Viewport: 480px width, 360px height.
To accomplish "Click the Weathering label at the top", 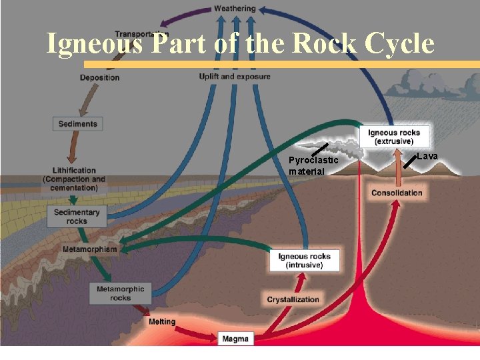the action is coord(235,9).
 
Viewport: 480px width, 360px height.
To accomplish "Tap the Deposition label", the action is coord(99,77).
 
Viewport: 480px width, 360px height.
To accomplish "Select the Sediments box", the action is coord(77,123).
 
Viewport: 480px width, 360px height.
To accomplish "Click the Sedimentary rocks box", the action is coord(77,216).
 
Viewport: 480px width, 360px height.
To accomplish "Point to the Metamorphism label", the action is coord(89,249).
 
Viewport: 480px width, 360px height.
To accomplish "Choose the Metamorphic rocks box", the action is coord(120,293).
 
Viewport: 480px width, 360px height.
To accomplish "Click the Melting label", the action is coord(162,321).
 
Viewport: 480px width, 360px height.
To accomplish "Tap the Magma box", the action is coord(235,339).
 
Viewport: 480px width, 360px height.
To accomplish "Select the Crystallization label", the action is coord(293,299).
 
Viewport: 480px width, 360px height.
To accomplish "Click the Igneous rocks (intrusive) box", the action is coord(304,260).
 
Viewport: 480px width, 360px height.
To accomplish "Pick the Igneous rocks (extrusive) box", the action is coord(394,137).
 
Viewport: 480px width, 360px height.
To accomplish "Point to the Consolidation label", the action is coord(397,193).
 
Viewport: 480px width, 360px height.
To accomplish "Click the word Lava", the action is coord(427,156).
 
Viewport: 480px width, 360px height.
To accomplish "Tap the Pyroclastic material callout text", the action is coord(313,166).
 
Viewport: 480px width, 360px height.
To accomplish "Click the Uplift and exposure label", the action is coord(235,77).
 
